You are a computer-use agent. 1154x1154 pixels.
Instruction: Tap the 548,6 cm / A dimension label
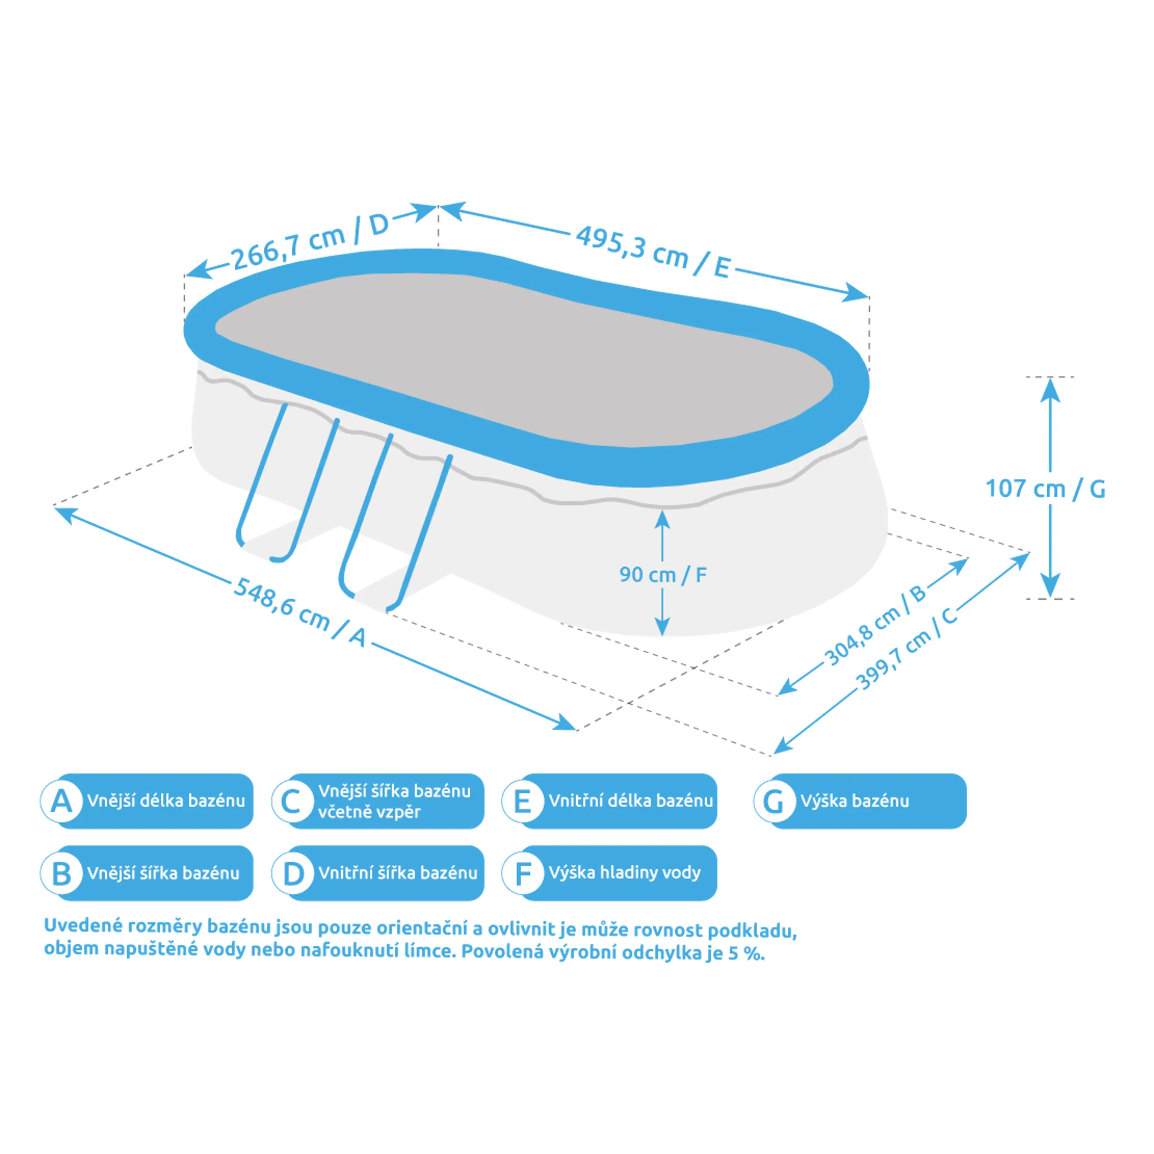[x=299, y=612]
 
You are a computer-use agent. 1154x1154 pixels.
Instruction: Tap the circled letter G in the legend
[x=774, y=801]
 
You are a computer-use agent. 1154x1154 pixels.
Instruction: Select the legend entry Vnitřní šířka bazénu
[x=398, y=873]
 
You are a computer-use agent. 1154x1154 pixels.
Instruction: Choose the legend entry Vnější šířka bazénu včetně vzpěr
[x=394, y=801]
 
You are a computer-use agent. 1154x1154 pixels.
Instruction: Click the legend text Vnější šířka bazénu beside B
[x=163, y=873]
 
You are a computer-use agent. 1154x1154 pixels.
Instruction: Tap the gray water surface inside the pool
[x=520, y=359]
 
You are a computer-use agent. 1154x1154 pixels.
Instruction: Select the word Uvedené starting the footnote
[x=83, y=926]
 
